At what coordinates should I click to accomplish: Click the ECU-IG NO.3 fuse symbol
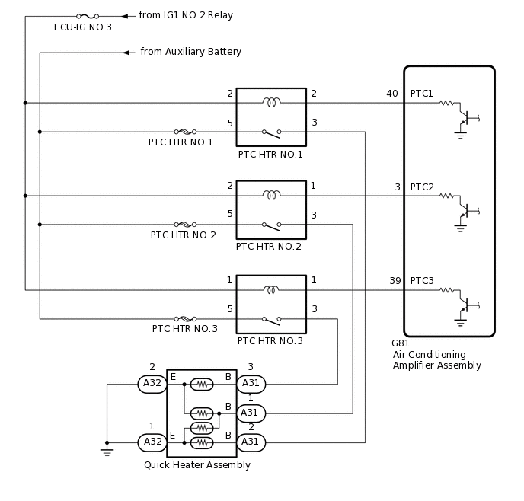pyautogui.click(x=88, y=15)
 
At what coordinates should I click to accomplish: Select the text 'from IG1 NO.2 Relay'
pyautogui.click(x=186, y=15)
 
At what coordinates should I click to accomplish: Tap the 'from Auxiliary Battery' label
pyautogui.click(x=190, y=52)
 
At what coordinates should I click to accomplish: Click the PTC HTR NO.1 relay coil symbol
pyautogui.click(x=271, y=102)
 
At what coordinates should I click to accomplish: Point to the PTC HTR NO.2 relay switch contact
pyautogui.click(x=271, y=225)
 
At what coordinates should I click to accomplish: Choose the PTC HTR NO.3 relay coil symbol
pyautogui.click(x=271, y=289)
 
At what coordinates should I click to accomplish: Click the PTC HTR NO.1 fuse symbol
pyautogui.click(x=185, y=132)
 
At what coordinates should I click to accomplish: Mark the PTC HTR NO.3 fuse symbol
pyautogui.click(x=185, y=319)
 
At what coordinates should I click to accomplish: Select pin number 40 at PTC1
pyautogui.click(x=391, y=94)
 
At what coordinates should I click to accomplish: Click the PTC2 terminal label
pyautogui.click(x=422, y=187)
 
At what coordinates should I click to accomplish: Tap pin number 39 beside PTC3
pyautogui.click(x=395, y=281)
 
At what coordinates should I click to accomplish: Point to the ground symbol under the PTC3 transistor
pyautogui.click(x=461, y=322)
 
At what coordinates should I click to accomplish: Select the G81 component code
pyautogui.click(x=400, y=343)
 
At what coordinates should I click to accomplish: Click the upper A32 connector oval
pyautogui.click(x=152, y=384)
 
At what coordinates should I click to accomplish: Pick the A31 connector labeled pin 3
pyautogui.click(x=251, y=384)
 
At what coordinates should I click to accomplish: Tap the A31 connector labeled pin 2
pyautogui.click(x=251, y=442)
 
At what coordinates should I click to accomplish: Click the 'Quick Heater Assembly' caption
pyautogui.click(x=197, y=465)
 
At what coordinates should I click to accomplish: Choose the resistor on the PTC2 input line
pyautogui.click(x=446, y=196)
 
